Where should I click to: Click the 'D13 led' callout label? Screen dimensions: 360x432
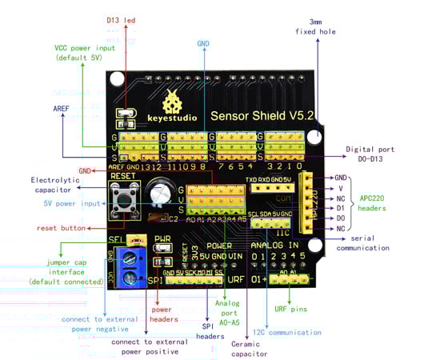(x=121, y=19)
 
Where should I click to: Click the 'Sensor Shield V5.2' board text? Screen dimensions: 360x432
(x=261, y=115)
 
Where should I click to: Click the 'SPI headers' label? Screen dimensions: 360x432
(x=210, y=331)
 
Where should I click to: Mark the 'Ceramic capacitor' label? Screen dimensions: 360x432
(x=248, y=349)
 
